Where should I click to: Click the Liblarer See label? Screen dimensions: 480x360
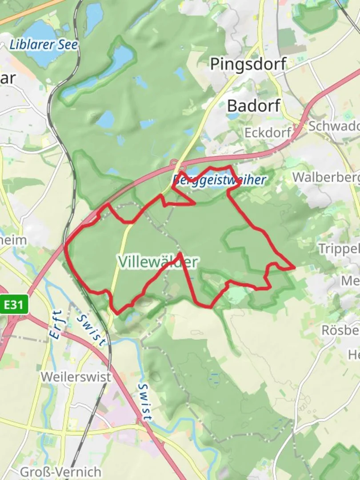(44, 45)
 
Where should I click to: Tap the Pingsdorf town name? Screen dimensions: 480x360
(248, 64)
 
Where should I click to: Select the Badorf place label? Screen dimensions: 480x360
(254, 106)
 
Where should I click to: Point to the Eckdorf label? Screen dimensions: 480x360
(268, 132)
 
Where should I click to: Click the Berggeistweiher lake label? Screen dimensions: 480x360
(219, 180)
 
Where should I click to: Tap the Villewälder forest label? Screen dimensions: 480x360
(158, 262)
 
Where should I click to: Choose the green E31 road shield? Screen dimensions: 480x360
(14, 305)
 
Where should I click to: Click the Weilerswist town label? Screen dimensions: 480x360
(76, 376)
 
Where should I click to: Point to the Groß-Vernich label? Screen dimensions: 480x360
(60, 472)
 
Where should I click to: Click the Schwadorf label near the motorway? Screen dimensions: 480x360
(333, 126)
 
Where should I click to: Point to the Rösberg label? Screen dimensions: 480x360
(340, 330)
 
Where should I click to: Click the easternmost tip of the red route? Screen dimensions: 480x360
(294, 268)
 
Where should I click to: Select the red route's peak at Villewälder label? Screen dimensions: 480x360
(179, 254)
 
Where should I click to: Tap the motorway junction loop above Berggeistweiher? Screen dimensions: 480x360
(174, 164)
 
